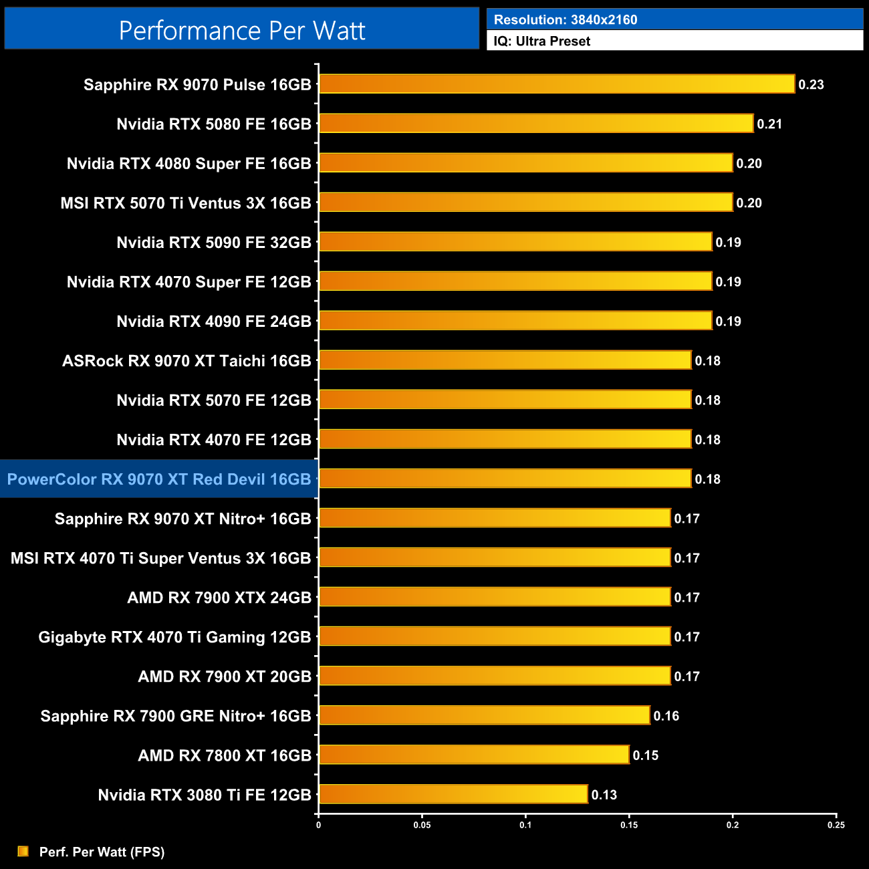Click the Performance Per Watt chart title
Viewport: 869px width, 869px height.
[242, 30]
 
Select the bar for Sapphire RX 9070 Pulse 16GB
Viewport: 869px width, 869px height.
[557, 84]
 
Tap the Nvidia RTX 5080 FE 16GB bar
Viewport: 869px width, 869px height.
[536, 124]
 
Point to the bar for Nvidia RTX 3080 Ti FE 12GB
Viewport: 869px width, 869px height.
[453, 794]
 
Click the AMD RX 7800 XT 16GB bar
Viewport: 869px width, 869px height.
[474, 755]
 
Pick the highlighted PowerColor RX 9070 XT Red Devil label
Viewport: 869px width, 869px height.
[159, 479]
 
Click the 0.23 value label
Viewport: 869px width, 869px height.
[811, 85]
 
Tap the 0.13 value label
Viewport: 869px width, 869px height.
[604, 795]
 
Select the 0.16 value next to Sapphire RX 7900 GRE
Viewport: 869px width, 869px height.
[666, 716]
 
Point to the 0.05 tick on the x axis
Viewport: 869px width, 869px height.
[422, 825]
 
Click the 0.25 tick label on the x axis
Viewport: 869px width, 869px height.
[836, 825]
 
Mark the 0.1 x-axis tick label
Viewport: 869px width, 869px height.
[525, 825]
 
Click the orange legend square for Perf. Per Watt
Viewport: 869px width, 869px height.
[23, 851]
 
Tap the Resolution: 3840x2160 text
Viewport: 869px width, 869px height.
[566, 20]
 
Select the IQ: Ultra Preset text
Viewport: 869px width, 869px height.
[541, 41]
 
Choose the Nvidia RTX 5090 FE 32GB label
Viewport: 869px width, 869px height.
[214, 243]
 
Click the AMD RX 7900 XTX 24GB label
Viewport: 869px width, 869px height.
[219, 598]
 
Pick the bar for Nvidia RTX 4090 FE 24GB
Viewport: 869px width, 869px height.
[515, 321]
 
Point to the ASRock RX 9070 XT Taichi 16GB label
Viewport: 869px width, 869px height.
[187, 361]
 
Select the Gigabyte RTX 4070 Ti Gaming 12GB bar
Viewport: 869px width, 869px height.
[495, 636]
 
